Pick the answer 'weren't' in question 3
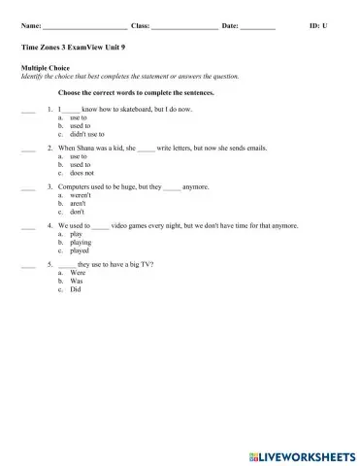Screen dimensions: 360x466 [x=81, y=194]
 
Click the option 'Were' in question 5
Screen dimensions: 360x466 [x=79, y=273]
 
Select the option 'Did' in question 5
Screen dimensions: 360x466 [x=76, y=288]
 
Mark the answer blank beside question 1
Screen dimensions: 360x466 [x=27, y=110]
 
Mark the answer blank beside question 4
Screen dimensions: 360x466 [x=27, y=225]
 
